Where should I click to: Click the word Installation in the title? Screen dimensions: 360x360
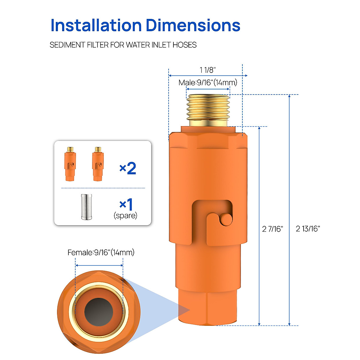[96, 25]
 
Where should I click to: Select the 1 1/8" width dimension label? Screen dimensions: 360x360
[208, 70]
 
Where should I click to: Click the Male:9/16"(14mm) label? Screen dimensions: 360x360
[208, 82]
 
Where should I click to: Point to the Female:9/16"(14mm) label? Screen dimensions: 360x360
[101, 253]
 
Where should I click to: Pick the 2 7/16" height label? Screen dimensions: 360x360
[272, 229]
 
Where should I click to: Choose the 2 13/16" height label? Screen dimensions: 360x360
[308, 229]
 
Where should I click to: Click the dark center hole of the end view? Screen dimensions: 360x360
[99, 312]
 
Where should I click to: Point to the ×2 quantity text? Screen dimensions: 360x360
[128, 168]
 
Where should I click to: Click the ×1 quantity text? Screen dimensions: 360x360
[126, 205]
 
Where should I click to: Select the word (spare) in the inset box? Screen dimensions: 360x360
[125, 215]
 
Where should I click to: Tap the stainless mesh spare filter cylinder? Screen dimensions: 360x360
[86, 207]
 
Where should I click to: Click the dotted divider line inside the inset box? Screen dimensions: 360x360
[103, 188]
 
